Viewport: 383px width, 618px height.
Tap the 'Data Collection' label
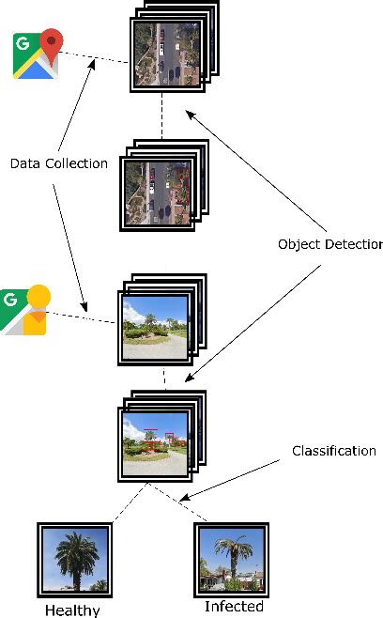pos(58,163)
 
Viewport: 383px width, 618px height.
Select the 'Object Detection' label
pos(329,244)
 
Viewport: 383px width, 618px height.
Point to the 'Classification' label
pos(333,452)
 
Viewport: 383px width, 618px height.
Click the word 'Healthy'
pos(72,610)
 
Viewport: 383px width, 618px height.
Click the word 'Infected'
pos(234,606)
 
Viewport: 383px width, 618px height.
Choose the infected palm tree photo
pos(231,560)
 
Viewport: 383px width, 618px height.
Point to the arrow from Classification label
pos(235,477)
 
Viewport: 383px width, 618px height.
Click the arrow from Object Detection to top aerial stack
pos(253,169)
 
